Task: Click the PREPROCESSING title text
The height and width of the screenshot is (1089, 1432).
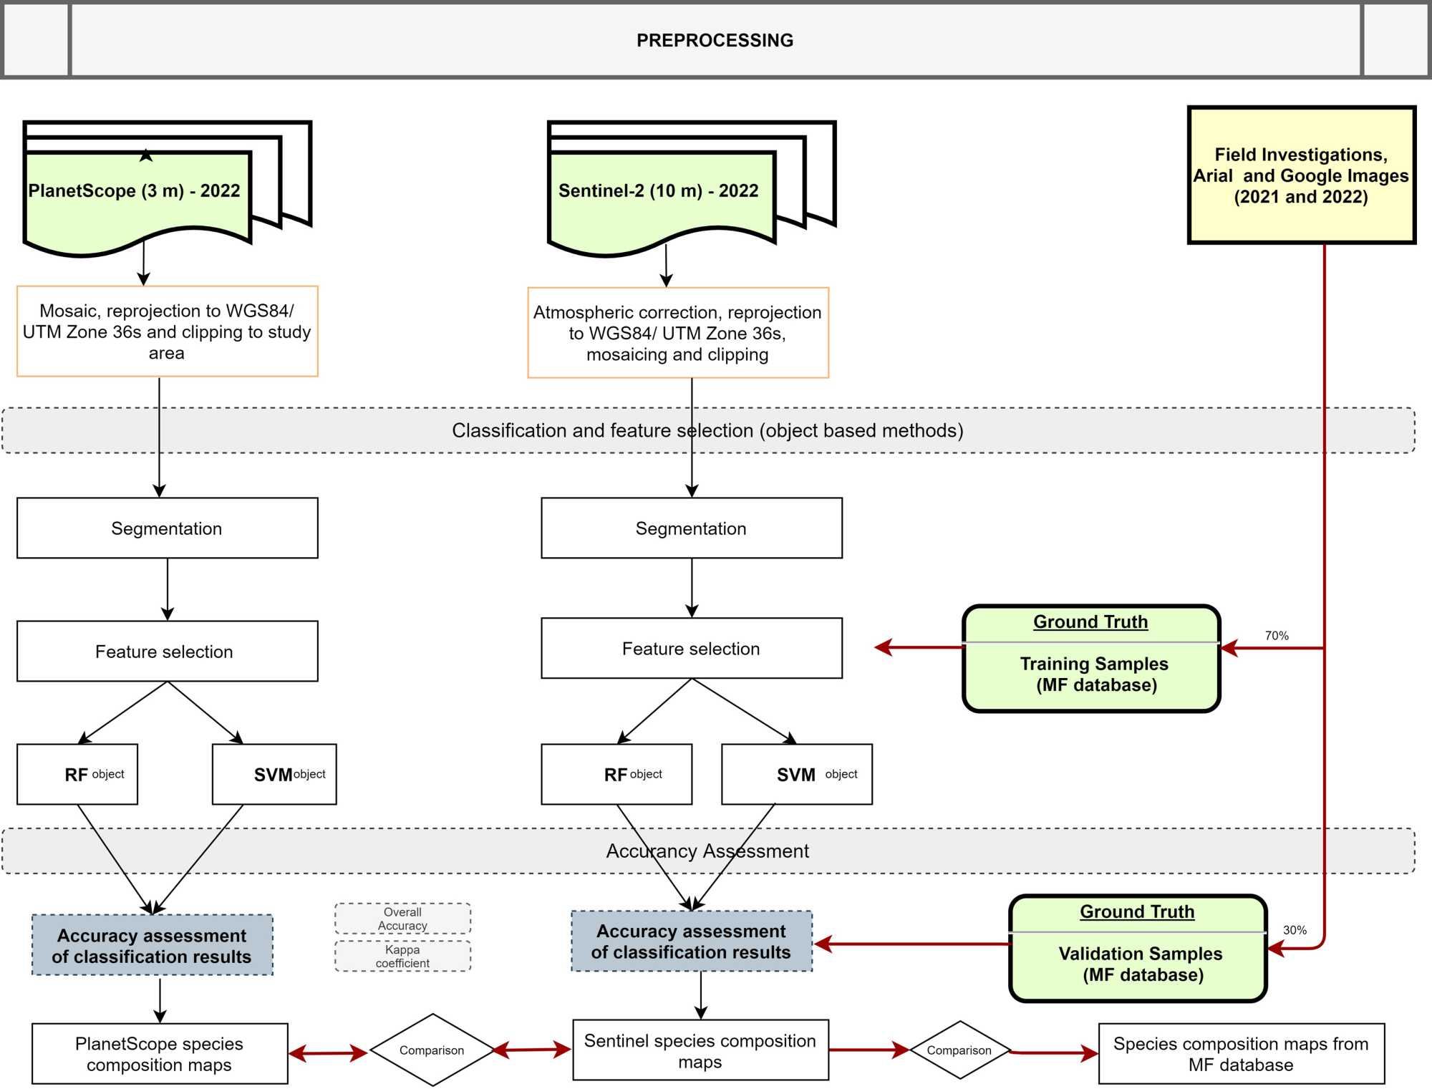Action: pos(715,41)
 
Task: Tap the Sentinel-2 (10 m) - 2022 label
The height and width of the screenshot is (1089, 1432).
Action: pos(658,191)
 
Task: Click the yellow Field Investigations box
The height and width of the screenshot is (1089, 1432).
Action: pos(1301,175)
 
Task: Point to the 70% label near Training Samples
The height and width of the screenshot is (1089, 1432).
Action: pos(1276,636)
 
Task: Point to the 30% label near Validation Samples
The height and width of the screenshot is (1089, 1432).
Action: pos(1295,930)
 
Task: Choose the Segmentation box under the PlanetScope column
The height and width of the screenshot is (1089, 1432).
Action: pos(167,528)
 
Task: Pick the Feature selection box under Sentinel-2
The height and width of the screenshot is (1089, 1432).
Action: pos(691,649)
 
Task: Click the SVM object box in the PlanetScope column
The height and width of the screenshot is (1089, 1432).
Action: pos(274,775)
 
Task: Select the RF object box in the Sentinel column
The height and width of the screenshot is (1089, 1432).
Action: pos(616,775)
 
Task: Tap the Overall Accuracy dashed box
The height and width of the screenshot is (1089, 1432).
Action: pos(402,919)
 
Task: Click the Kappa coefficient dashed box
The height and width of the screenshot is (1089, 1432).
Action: pos(402,957)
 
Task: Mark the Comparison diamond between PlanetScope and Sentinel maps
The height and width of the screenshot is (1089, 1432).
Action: pos(432,1050)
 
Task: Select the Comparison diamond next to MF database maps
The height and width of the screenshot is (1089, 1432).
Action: pos(959,1050)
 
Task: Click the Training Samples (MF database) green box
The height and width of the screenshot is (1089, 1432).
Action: pos(1091,659)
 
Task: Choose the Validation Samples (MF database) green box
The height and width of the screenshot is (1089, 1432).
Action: pos(1138,949)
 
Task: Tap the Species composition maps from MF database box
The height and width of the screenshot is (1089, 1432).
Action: pos(1241,1054)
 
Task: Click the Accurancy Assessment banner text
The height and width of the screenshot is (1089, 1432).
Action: pos(707,851)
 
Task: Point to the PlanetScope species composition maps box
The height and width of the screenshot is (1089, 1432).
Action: pos(160,1054)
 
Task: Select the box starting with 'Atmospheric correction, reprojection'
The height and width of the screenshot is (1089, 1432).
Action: pos(677,333)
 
